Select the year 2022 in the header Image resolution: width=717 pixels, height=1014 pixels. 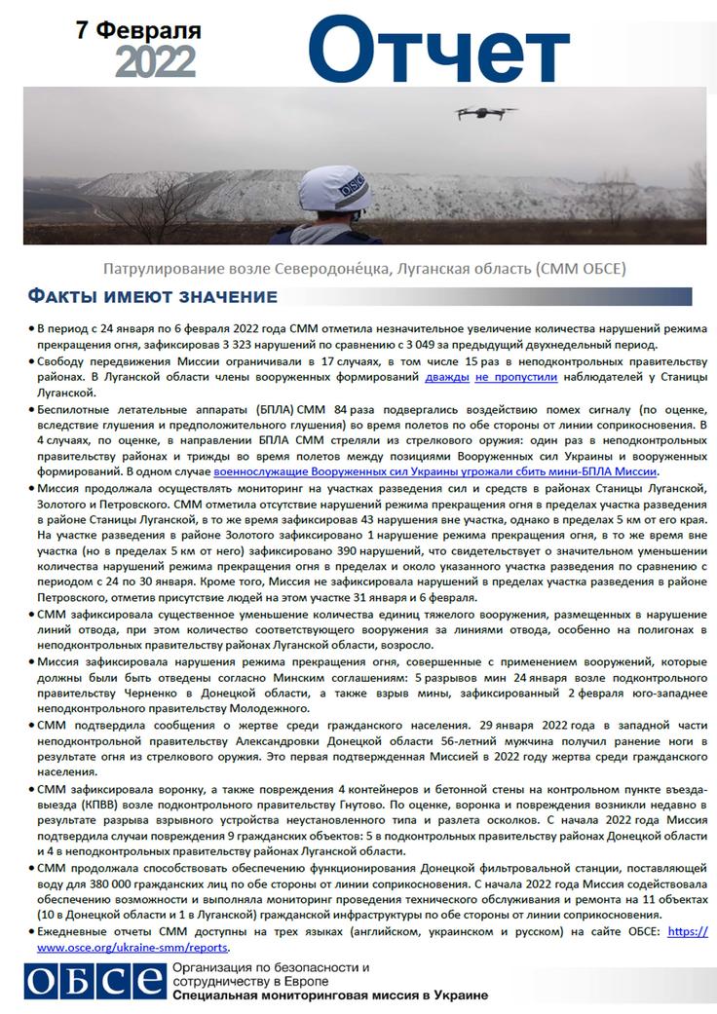[156, 63]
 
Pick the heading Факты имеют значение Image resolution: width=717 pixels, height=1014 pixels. [151, 296]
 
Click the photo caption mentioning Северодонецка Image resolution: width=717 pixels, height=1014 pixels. [364, 267]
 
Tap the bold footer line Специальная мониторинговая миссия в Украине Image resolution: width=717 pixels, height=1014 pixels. [329, 996]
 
